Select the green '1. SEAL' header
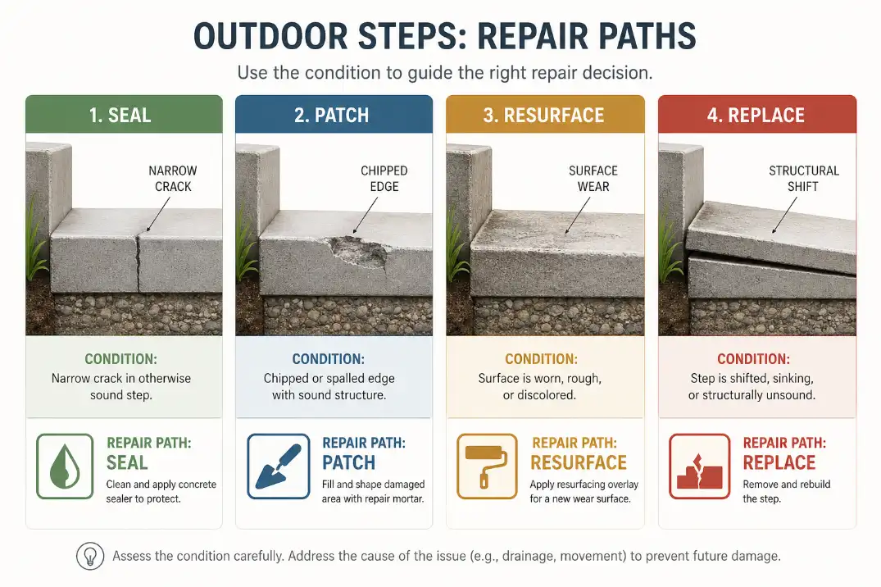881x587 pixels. click(124, 115)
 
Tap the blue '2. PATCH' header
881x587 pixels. click(334, 115)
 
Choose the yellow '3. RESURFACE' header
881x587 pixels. click(543, 115)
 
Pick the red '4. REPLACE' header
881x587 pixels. click(756, 115)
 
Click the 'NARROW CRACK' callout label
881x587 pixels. click(172, 179)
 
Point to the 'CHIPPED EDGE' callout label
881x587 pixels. click(384, 179)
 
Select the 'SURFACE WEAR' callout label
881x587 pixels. click(593, 179)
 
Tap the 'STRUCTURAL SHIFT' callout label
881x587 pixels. click(803, 179)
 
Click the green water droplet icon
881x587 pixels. click(60, 466)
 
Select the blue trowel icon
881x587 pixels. click(278, 466)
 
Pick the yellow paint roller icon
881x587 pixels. click(487, 466)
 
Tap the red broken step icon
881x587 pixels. click(699, 466)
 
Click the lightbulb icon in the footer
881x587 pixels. click(89, 556)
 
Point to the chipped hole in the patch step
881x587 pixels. click(356, 252)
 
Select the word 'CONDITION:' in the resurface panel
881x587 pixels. click(541, 359)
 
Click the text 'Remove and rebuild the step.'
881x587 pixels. click(786, 491)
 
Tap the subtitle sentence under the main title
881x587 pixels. click(444, 72)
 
